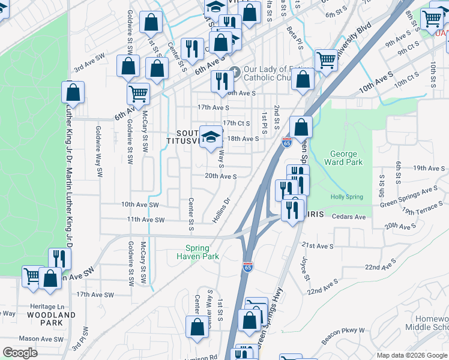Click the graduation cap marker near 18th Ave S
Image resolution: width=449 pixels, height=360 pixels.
click(x=211, y=136)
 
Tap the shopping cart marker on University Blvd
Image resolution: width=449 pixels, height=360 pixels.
click(x=326, y=59)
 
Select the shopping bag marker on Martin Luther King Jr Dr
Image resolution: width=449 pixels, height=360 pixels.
click(x=73, y=93)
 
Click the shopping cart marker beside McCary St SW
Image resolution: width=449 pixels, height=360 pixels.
click(x=138, y=94)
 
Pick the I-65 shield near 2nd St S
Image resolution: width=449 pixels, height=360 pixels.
click(x=286, y=142)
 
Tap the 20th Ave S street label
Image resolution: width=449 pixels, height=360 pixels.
click(x=220, y=176)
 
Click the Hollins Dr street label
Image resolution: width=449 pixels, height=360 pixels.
click(x=221, y=211)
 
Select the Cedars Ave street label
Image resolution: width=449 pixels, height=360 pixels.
click(x=348, y=217)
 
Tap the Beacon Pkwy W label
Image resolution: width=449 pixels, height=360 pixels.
click(x=343, y=331)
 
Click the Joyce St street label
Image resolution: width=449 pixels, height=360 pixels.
click(x=306, y=269)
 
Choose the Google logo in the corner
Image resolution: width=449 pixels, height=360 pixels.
click(x=20, y=353)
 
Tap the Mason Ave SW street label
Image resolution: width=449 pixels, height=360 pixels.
click(x=41, y=339)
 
